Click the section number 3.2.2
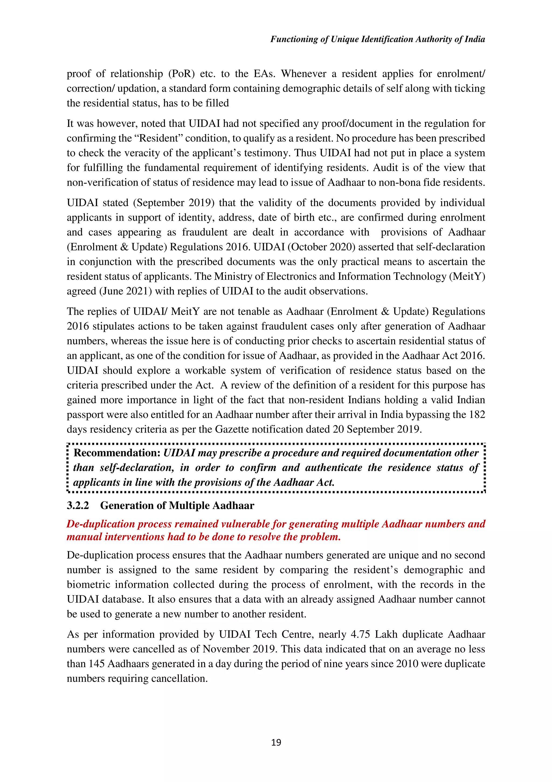point(78,505)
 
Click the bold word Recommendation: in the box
point(117,453)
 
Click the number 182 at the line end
point(477,414)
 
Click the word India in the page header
point(474,39)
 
